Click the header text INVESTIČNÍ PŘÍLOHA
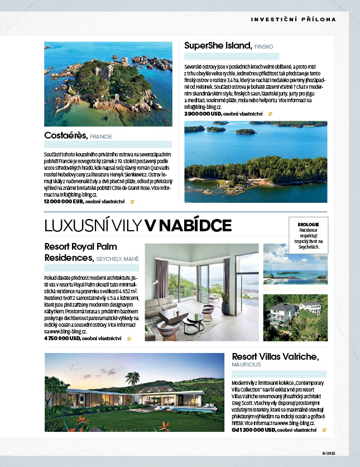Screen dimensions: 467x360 pos(294,19)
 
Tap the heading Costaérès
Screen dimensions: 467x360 pos(65,135)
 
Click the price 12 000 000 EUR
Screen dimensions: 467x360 pos(63,201)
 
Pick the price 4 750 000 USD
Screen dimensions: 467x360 pos(62,339)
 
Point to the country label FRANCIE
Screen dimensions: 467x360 pos(101,136)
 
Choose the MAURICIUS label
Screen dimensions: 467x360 pos(246,364)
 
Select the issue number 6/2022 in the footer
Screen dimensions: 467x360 pos(329,453)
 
